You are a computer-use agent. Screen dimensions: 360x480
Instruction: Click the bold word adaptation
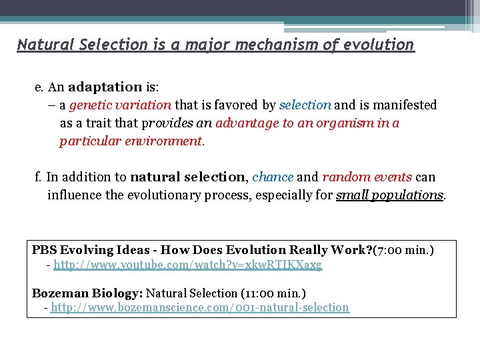tap(105, 87)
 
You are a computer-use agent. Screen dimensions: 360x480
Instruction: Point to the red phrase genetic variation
tap(120, 105)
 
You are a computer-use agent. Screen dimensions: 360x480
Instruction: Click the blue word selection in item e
tap(305, 105)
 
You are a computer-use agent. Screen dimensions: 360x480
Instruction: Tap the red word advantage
tap(247, 123)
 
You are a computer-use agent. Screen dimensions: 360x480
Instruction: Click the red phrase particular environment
tap(130, 141)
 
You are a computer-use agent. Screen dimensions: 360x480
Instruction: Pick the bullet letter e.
tap(39, 87)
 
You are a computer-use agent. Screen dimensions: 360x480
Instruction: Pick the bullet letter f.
tap(38, 177)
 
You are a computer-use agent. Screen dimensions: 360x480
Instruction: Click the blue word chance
tap(273, 177)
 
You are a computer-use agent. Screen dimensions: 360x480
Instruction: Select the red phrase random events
tap(367, 177)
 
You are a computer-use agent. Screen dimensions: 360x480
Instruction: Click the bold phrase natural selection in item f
tap(188, 177)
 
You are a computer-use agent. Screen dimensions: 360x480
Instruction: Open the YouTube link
tap(187, 265)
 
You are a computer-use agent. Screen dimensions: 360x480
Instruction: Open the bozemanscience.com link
tap(199, 307)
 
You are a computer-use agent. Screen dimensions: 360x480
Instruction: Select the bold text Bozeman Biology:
tap(87, 293)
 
